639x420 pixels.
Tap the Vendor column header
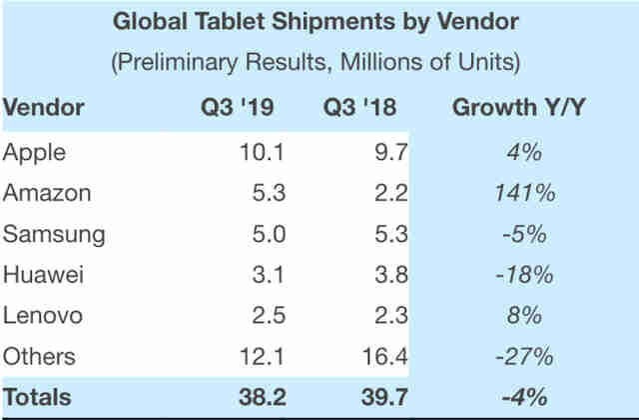[x=44, y=108]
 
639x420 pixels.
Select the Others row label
[x=41, y=356]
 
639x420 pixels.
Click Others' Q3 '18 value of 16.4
[x=381, y=356]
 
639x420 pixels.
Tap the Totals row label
[x=38, y=396]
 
